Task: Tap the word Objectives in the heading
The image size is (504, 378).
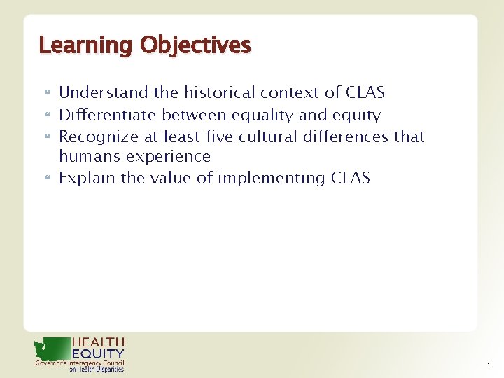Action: point(195,46)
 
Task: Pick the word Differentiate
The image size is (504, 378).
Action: point(108,114)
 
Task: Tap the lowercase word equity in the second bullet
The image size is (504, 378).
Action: point(357,115)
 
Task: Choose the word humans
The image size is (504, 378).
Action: point(87,156)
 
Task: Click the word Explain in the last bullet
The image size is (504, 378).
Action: point(87,178)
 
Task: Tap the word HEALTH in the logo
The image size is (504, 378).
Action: point(99,342)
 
